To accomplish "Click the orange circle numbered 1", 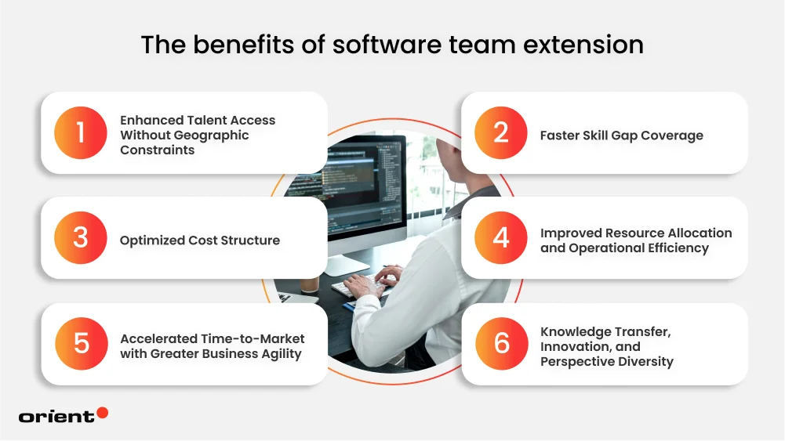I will pyautogui.click(x=81, y=133).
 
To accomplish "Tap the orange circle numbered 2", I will pyautogui.click(x=501, y=133).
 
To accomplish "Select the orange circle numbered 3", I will pyautogui.click(x=81, y=238).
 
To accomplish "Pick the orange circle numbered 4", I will pyautogui.click(x=501, y=238).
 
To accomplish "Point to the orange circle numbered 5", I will pyautogui.click(x=81, y=344).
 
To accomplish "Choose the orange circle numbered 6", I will pyautogui.click(x=501, y=344).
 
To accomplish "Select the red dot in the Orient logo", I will pyautogui.click(x=102, y=413).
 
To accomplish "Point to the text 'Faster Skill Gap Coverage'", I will pyautogui.click(x=621, y=136).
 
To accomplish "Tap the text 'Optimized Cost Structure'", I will pyautogui.click(x=199, y=240).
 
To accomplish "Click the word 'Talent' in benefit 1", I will pyautogui.click(x=207, y=120).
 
